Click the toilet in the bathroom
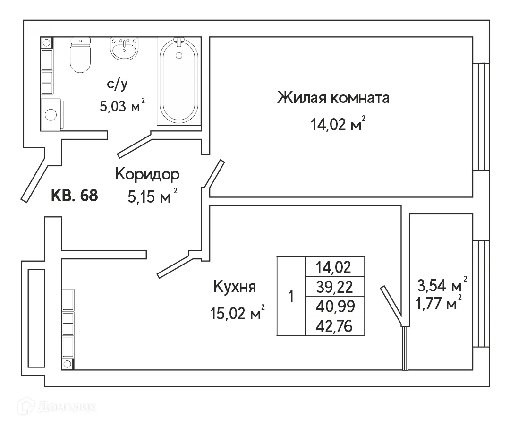pos(79,56)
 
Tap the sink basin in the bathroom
pos(125,49)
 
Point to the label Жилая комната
pos(333,98)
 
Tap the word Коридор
pos(147,174)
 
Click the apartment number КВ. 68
pos(74,196)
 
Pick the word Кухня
pos(235,286)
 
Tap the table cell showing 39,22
pos(335,287)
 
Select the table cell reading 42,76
pos(335,326)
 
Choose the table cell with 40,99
pos(335,307)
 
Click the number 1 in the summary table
pos(291,297)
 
